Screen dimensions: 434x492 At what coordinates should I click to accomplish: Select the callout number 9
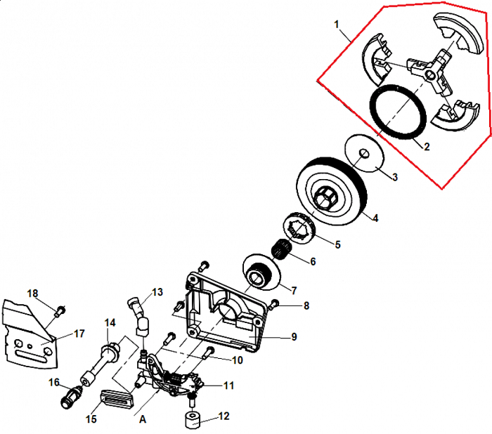[294, 337]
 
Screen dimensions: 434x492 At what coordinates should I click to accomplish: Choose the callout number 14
[110, 323]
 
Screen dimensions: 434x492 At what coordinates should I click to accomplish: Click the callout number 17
[79, 334]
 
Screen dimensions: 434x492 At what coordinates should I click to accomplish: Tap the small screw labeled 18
[60, 308]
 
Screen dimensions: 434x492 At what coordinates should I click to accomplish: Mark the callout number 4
[375, 218]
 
